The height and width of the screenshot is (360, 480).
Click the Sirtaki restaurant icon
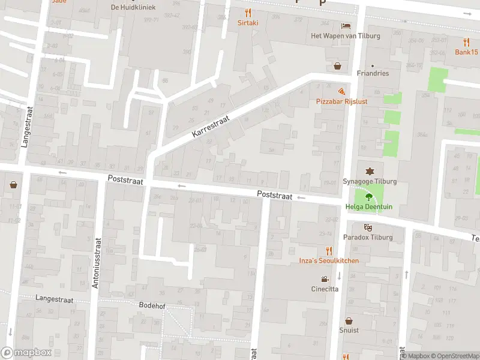tap(248, 13)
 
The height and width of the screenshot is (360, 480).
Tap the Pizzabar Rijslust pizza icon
tap(341, 91)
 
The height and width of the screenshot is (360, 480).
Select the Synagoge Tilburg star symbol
tap(368, 171)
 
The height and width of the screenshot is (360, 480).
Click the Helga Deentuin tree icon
tap(368, 196)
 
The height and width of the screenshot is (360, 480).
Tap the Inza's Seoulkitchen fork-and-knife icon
tap(329, 250)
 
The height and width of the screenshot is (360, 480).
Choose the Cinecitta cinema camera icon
tap(325, 278)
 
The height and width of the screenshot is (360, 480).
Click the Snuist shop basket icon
tap(349, 320)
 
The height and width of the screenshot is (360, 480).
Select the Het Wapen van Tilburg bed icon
tap(346, 25)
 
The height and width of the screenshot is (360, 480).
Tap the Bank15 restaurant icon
tap(467, 41)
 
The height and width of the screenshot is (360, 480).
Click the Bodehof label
tap(152, 305)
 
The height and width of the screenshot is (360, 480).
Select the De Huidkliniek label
tap(133, 7)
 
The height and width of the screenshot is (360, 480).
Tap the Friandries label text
tap(372, 74)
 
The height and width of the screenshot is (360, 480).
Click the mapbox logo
tap(26, 352)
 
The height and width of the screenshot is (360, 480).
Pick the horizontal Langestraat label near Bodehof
tap(54, 298)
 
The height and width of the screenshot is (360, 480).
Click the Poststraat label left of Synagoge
tap(274, 195)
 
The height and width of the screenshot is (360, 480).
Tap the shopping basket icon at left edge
tap(13, 185)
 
